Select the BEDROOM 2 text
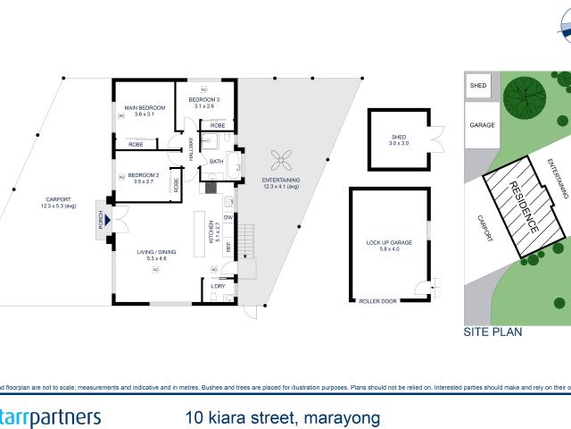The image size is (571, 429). pos(143,177)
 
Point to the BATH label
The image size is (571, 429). pos(217,162)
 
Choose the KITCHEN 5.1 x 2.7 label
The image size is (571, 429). pos(212,231)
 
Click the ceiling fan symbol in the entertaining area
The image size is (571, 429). pos(281,162)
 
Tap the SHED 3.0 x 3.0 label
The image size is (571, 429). pos(398,140)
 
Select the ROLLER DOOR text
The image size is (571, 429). pos(376,301)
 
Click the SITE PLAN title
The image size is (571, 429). pos(492,330)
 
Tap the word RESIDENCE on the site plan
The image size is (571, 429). pos(524,207)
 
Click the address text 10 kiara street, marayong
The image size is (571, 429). pos(282,417)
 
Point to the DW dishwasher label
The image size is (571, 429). pos(228,217)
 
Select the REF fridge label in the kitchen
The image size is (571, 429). pos(228,246)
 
